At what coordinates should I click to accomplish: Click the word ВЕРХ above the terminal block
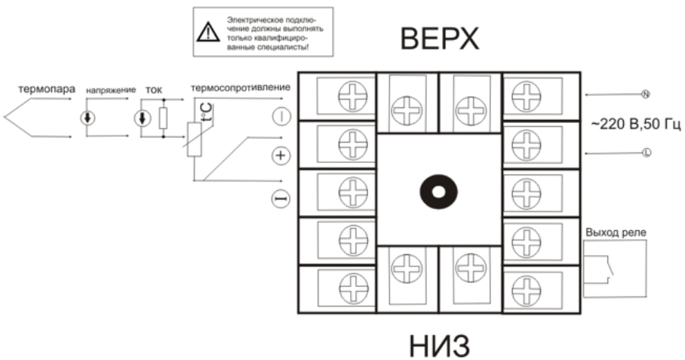(x=440, y=39)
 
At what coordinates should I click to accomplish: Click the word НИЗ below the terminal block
(x=440, y=345)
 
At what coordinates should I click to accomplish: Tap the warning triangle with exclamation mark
(x=206, y=32)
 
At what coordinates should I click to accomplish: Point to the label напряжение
(x=111, y=90)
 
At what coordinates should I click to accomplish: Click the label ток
(x=154, y=89)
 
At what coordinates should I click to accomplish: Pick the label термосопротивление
(x=241, y=88)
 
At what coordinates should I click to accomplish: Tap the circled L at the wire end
(x=645, y=152)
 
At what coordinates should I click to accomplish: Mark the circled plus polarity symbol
(x=280, y=155)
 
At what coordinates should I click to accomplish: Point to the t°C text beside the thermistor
(x=206, y=113)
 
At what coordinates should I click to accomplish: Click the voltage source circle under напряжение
(x=89, y=118)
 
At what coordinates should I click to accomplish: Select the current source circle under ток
(x=143, y=118)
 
